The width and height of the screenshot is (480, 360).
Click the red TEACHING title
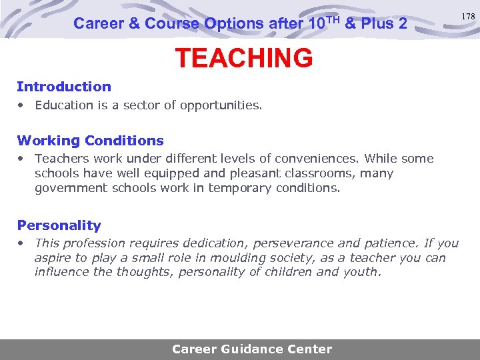coord(243,59)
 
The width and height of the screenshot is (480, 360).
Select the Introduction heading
coord(64,87)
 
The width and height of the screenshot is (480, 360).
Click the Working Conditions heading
coord(90,141)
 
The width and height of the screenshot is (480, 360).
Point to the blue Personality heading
coord(59,225)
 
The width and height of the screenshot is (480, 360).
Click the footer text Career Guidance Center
coord(251,349)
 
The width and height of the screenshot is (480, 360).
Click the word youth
coord(361,272)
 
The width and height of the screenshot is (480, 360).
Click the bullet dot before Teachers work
coord(22,159)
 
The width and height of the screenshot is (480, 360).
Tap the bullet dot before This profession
coord(22,243)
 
